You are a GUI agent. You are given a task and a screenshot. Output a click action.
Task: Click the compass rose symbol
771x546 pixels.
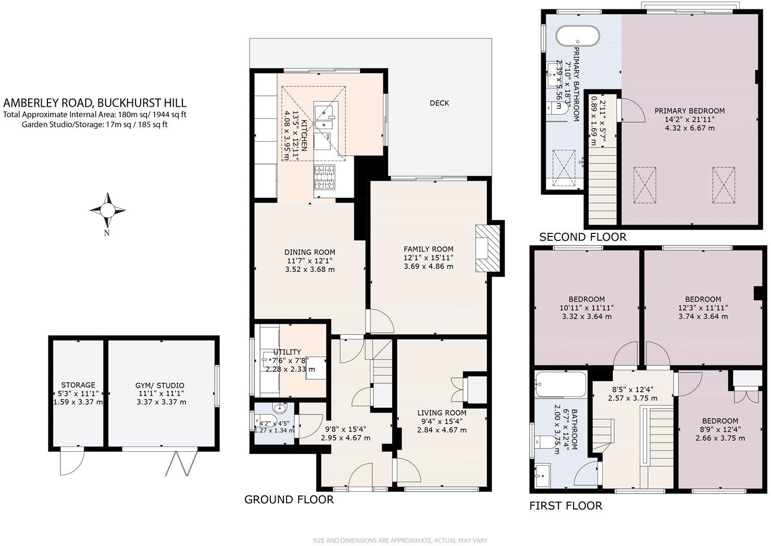tap(107, 210)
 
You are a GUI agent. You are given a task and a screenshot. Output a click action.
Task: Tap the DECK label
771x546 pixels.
tap(439, 103)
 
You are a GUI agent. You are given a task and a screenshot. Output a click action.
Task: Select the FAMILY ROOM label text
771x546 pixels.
tap(428, 249)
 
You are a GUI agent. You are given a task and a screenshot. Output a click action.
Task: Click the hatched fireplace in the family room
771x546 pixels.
tap(487, 248)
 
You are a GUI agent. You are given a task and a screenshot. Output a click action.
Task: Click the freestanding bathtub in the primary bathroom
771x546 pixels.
tap(577, 37)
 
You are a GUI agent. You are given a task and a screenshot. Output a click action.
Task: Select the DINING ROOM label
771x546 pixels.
tap(310, 252)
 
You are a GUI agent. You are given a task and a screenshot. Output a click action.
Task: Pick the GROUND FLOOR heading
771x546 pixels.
tap(289, 500)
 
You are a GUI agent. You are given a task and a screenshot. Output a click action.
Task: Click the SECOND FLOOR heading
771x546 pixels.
tap(582, 237)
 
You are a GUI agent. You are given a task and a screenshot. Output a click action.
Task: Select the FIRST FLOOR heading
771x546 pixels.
tap(565, 505)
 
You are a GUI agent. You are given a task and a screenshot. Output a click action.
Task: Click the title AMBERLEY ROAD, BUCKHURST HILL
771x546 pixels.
tap(95, 103)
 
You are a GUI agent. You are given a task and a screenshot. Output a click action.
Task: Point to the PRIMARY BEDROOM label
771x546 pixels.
tap(689, 110)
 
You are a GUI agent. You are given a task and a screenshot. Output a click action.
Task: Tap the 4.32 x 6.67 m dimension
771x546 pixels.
tap(689, 127)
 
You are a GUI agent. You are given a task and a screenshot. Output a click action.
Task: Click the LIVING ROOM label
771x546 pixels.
tap(441, 413)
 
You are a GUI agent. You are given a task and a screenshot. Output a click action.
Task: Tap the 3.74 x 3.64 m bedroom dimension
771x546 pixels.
tap(703, 316)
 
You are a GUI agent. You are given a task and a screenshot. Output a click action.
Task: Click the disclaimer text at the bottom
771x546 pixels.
tap(400, 540)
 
